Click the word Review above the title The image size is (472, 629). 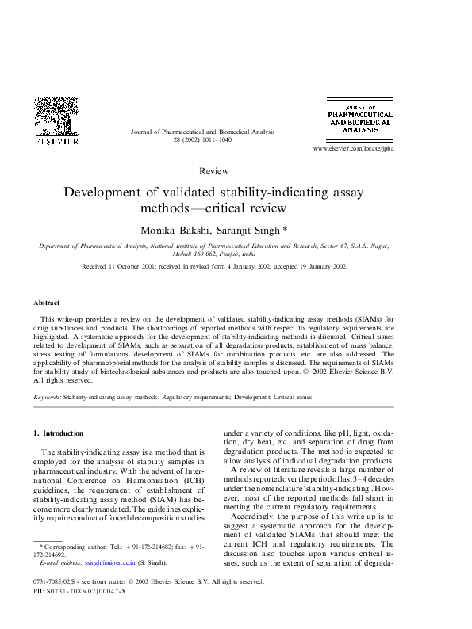click(x=214, y=171)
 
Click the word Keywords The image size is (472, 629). click(x=47, y=397)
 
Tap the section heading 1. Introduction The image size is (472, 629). click(x=58, y=433)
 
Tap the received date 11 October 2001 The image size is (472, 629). click(x=132, y=267)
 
